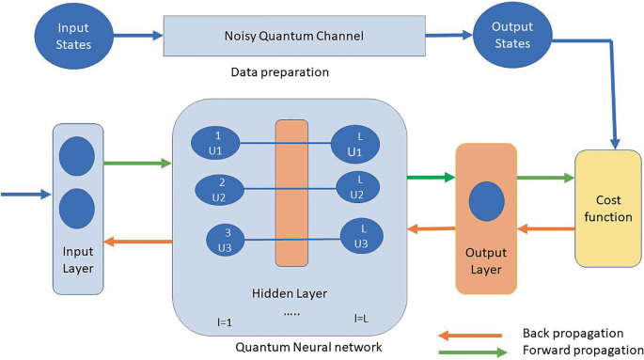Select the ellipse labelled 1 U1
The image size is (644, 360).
(217, 143)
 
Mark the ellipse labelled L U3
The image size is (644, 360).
(361, 236)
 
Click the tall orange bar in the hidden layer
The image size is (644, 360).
(291, 192)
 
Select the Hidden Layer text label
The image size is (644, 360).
(290, 293)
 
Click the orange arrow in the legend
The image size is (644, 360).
(470, 332)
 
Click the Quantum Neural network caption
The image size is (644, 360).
(292, 347)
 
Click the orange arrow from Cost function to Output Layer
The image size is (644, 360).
(546, 227)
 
